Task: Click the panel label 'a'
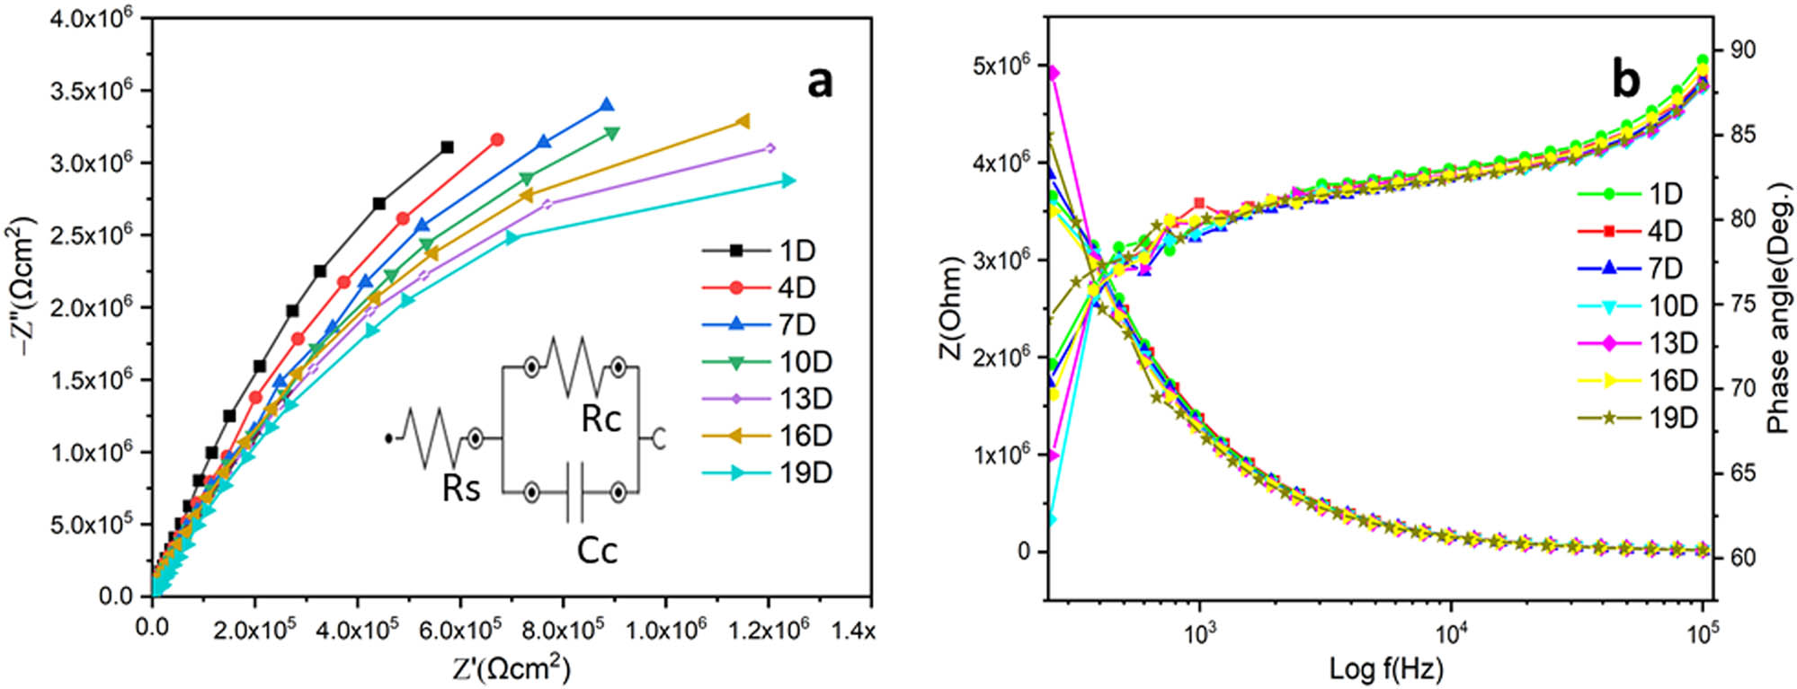819,83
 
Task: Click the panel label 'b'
1625,80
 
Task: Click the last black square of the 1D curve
447,147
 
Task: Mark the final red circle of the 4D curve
497,140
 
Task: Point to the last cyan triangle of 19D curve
788,181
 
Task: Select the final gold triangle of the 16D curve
743,121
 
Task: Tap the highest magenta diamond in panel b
1054,73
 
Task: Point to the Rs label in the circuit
461,488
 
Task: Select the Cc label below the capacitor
597,550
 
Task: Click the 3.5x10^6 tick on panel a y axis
91,91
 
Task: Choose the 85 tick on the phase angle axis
1742,135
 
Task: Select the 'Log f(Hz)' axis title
1386,669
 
